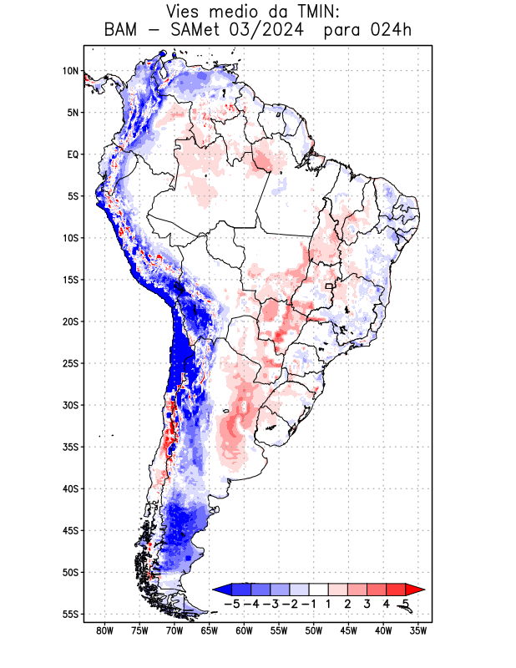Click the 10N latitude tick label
click(70, 71)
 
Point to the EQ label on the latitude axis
click(72, 154)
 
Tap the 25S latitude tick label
click(69, 363)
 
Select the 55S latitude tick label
click(69, 614)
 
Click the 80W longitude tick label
click(104, 631)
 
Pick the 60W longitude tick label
click(244, 631)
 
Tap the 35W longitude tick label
click(418, 631)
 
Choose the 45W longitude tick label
click(348, 631)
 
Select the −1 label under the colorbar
click(308, 604)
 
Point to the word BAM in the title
click(123, 31)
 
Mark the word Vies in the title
click(185, 12)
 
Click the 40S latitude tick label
click(69, 488)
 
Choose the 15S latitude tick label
click(69, 280)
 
